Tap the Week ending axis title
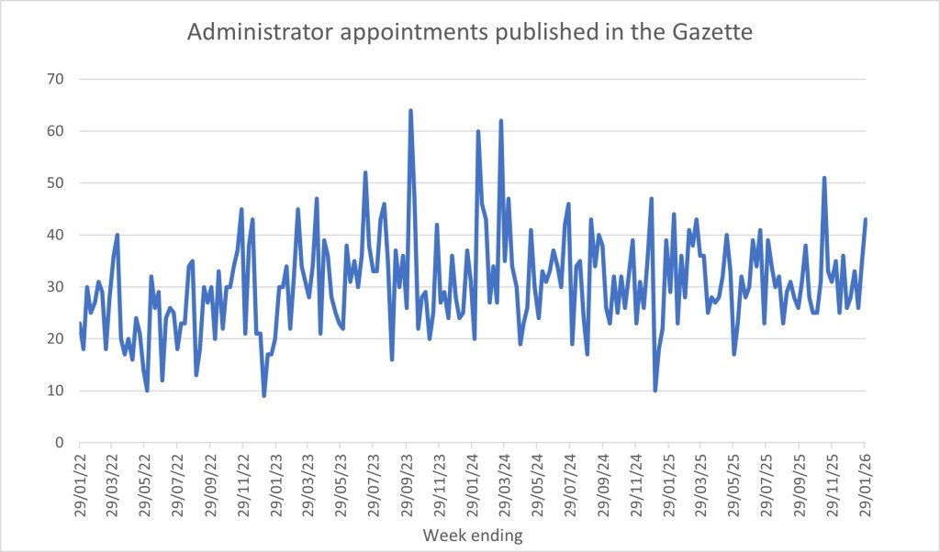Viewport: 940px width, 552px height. (x=472, y=533)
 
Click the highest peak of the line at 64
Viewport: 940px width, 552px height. (x=410, y=110)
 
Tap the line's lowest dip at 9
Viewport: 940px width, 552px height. (x=264, y=395)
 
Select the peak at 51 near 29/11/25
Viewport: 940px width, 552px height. (x=824, y=178)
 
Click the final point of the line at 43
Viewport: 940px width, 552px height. (x=866, y=219)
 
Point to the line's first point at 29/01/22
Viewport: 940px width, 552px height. (x=80, y=323)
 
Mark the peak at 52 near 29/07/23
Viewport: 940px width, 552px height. (x=365, y=172)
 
